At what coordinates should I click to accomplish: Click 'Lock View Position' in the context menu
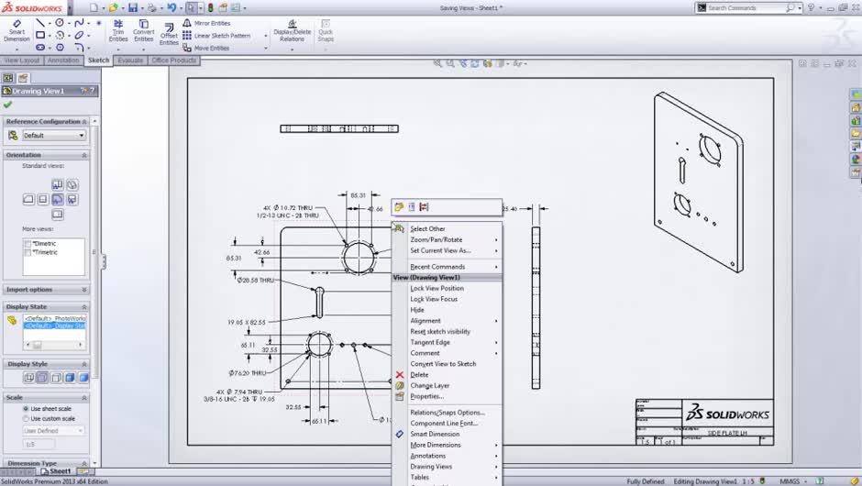[437, 288]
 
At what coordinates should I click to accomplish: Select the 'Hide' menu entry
[417, 310]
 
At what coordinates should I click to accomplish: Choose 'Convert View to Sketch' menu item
[443, 364]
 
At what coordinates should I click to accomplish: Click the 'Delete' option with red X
[419, 375]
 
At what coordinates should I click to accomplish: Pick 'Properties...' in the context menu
[426, 396]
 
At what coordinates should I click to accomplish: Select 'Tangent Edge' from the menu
[430, 342]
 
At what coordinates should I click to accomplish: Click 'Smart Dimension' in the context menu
[436, 434]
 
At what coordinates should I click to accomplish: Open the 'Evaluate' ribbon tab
[130, 61]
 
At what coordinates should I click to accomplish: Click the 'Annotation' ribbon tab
[64, 61]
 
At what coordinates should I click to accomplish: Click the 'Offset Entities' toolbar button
[169, 32]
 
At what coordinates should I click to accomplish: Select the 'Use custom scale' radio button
[26, 418]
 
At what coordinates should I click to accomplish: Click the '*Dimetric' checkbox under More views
[28, 244]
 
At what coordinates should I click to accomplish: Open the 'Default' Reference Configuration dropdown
[54, 135]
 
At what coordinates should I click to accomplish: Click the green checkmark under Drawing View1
[8, 105]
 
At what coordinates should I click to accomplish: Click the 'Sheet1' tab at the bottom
[60, 471]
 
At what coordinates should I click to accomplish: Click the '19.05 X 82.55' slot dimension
[247, 322]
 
